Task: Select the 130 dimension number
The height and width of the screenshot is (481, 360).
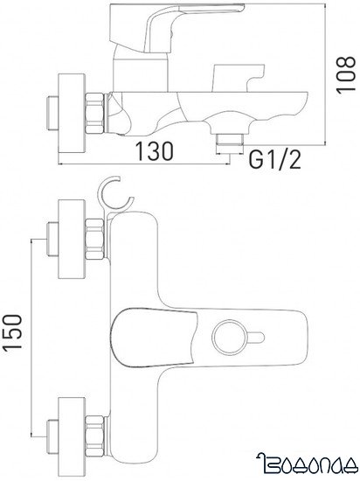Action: click(153, 150)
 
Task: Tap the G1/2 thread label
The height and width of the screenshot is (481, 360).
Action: click(270, 161)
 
